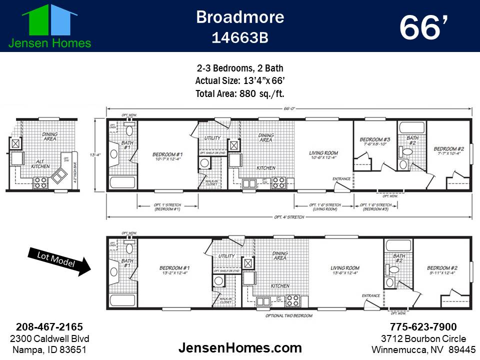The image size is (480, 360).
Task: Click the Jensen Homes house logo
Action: tap(49, 20)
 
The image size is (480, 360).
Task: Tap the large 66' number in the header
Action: tap(422, 28)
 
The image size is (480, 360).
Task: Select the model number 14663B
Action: tap(239, 38)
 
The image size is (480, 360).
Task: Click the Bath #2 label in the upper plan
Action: tap(412, 139)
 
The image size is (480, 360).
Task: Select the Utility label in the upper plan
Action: tap(212, 138)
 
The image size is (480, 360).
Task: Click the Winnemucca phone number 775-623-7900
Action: tap(423, 327)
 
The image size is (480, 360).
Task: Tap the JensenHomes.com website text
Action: tap(240, 348)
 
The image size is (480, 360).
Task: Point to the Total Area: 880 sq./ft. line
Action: tap(239, 93)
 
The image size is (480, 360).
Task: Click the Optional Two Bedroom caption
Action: tap(289, 315)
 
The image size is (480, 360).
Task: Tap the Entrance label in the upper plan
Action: tap(341, 179)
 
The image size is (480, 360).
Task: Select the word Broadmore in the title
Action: tap(239, 17)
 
